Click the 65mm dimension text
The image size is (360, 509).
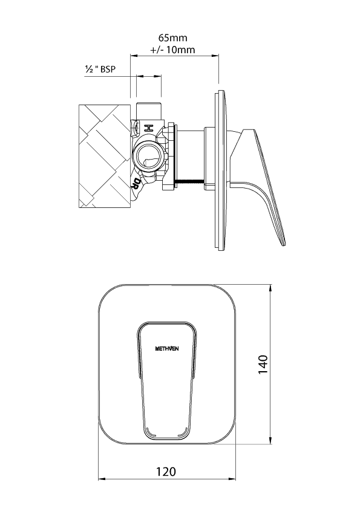(173, 37)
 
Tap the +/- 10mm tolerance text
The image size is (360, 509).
(172, 50)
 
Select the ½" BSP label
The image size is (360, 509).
(100, 69)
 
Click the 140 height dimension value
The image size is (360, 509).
(263, 365)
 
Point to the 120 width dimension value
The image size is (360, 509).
(166, 472)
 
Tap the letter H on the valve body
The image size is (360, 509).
(149, 128)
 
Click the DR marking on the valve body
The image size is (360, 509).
(135, 183)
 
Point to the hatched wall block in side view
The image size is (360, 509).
(104, 156)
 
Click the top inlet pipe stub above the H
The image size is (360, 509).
(149, 111)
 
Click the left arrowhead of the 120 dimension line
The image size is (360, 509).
(101, 479)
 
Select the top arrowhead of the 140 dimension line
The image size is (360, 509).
(270, 288)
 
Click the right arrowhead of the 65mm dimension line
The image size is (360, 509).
(216, 56)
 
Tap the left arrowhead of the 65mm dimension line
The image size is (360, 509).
(133, 56)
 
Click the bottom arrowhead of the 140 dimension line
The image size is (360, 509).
(270, 441)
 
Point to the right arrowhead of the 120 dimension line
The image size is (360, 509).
(233, 479)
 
